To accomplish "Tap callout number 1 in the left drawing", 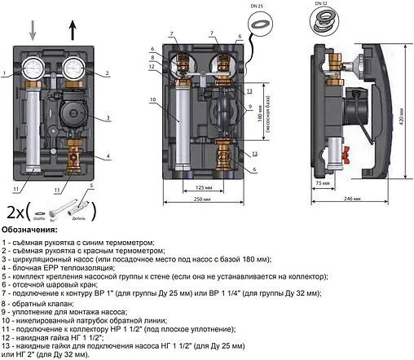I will (5, 73).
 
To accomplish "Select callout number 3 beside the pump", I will (107, 118).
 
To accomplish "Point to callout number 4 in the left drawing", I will (107, 155).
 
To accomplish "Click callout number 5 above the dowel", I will (90, 187).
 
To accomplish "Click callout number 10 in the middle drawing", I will (152, 100).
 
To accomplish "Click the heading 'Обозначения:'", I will (30, 230).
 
